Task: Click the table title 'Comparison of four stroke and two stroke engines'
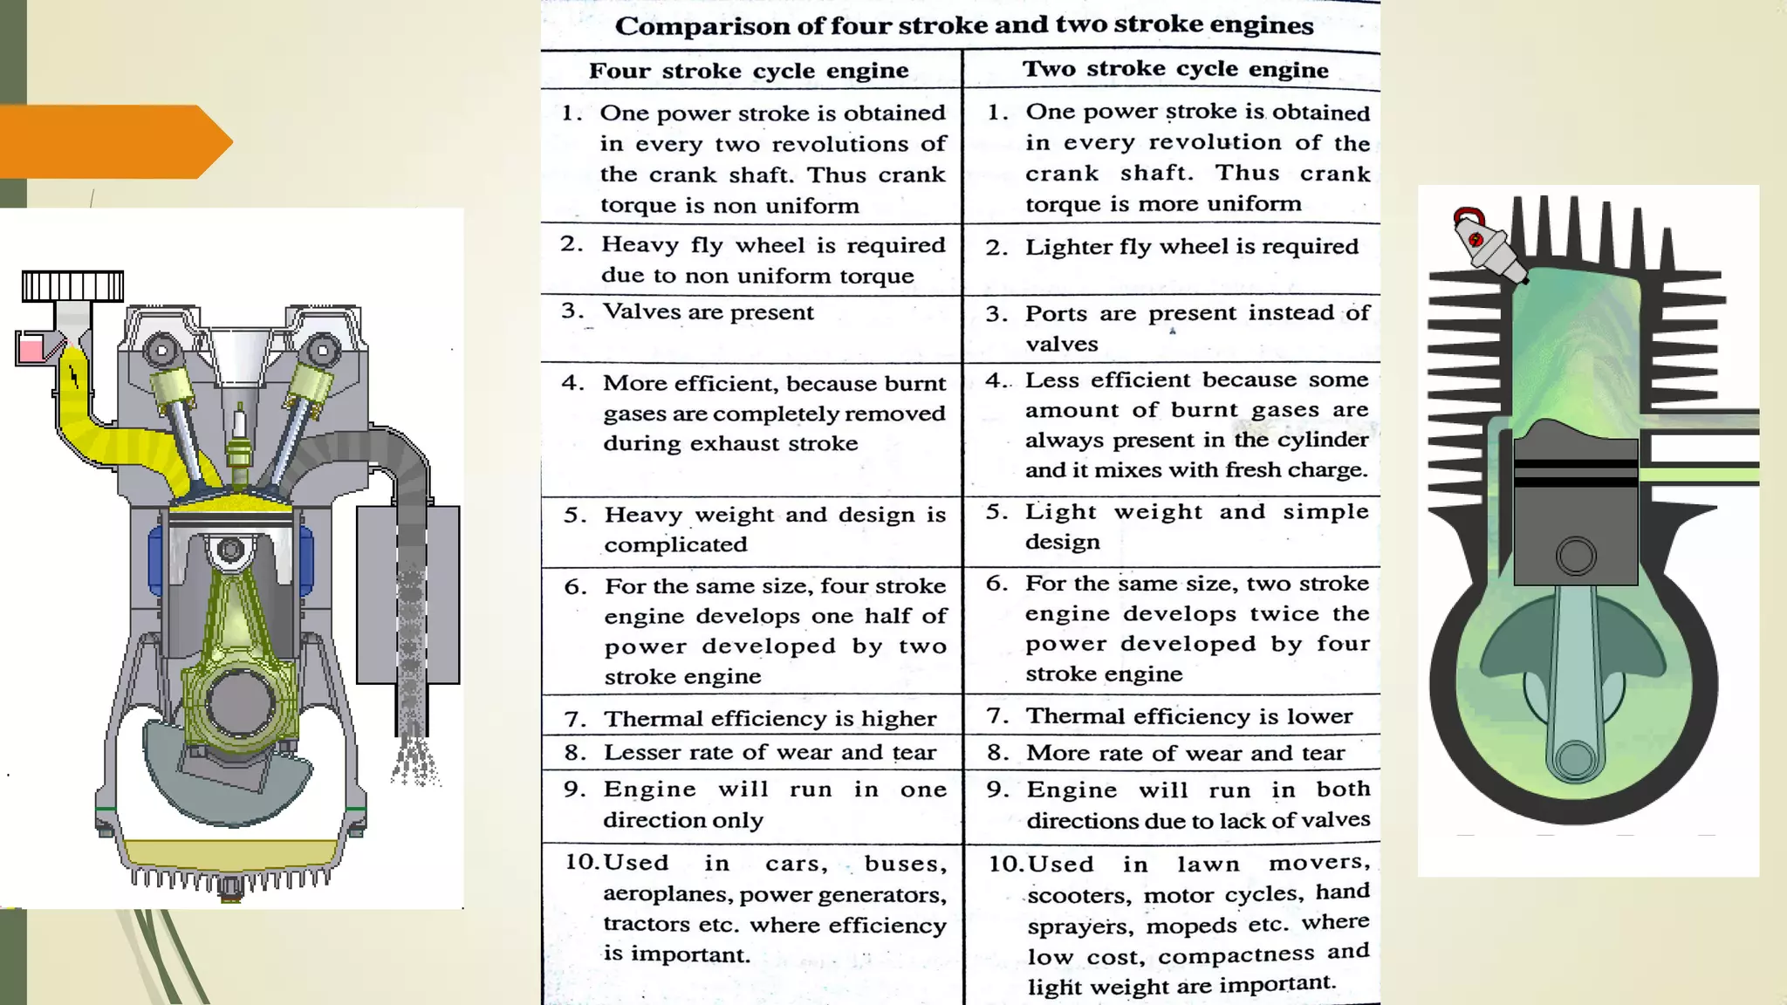pos(963,25)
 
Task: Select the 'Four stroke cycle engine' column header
pos(749,71)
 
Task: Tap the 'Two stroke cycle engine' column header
pos(1175,69)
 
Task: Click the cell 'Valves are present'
pos(708,312)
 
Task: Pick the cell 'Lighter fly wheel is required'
pos(1191,247)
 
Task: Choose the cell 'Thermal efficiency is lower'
pos(1188,716)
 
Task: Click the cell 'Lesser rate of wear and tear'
pos(770,752)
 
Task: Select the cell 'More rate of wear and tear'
pos(1185,753)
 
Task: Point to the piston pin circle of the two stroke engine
pos(1575,556)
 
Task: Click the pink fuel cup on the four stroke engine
pos(32,351)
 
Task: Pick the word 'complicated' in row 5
pos(675,545)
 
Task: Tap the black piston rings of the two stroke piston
pos(1575,472)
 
